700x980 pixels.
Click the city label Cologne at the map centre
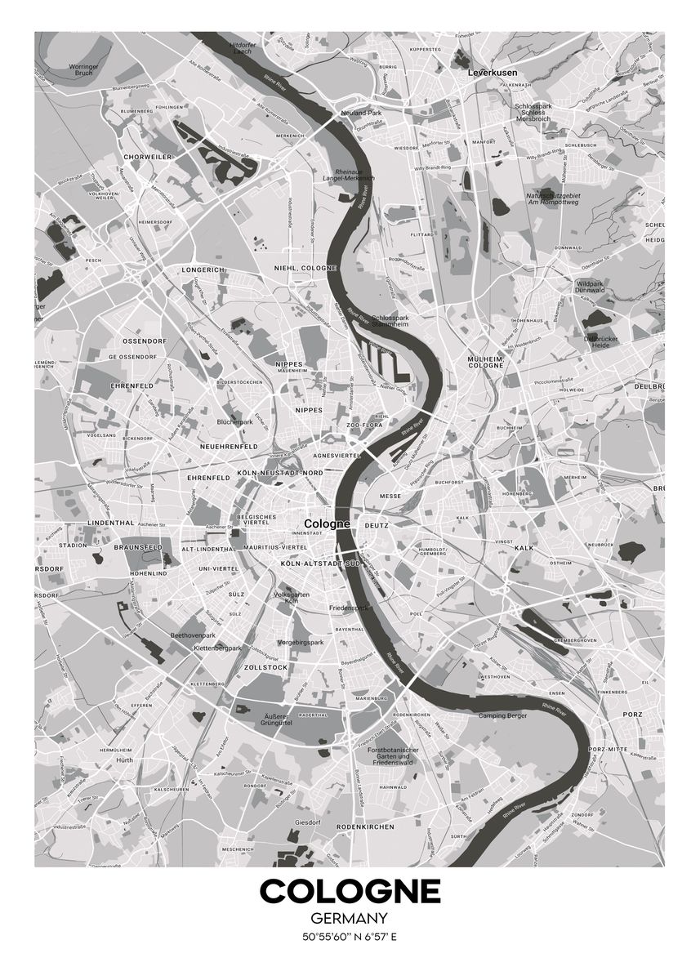tap(326, 523)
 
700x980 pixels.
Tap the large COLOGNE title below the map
tap(350, 891)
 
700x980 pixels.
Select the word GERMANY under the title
tap(350, 919)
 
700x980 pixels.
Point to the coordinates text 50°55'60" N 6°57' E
tap(350, 937)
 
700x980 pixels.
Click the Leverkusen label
tap(493, 73)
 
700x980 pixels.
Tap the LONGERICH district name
tap(203, 269)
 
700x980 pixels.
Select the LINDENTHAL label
tap(110, 522)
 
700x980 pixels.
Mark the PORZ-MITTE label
tap(606, 749)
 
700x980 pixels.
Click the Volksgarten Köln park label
tap(292, 599)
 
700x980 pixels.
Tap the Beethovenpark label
tap(192, 635)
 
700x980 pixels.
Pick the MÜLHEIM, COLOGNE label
tap(485, 363)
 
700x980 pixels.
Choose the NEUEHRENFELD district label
tap(228, 447)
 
